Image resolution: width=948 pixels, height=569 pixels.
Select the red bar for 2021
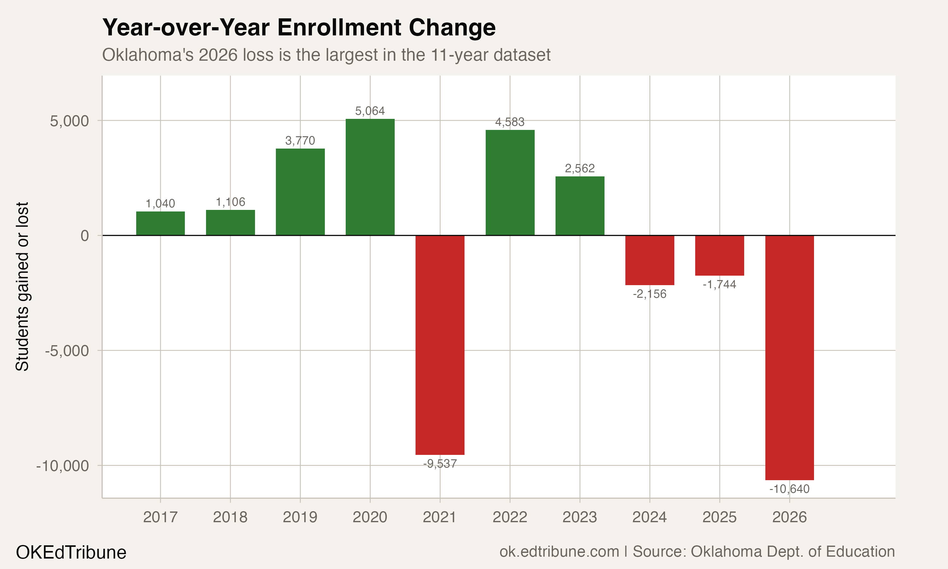pyautogui.click(x=440, y=345)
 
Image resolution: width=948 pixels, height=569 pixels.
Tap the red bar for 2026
pyautogui.click(x=789, y=357)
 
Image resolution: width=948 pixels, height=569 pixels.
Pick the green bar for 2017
pyautogui.click(x=160, y=223)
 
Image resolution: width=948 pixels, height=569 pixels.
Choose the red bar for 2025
pyautogui.click(x=719, y=255)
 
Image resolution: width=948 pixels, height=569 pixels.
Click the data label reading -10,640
pyautogui.click(x=789, y=489)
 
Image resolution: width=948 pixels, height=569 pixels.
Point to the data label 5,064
pyautogui.click(x=370, y=111)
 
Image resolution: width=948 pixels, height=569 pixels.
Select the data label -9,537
pyautogui.click(x=440, y=464)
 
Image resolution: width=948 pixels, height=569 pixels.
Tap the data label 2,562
pyautogui.click(x=580, y=168)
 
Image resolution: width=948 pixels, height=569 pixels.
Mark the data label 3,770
pyautogui.click(x=300, y=141)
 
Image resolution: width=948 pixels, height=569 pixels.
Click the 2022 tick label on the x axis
pyautogui.click(x=510, y=517)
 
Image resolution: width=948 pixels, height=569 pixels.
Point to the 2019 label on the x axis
pyautogui.click(x=300, y=517)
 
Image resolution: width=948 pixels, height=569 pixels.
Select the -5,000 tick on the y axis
pyautogui.click(x=67, y=351)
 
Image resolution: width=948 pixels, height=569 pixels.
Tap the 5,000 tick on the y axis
pyautogui.click(x=69, y=121)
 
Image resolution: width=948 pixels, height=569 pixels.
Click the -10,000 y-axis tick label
pyautogui.click(x=63, y=466)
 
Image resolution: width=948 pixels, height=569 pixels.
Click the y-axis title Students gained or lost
pyautogui.click(x=22, y=286)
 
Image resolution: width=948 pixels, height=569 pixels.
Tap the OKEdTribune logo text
pyautogui.click(x=71, y=553)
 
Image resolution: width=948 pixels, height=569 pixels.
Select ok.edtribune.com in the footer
pyautogui.click(x=559, y=552)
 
